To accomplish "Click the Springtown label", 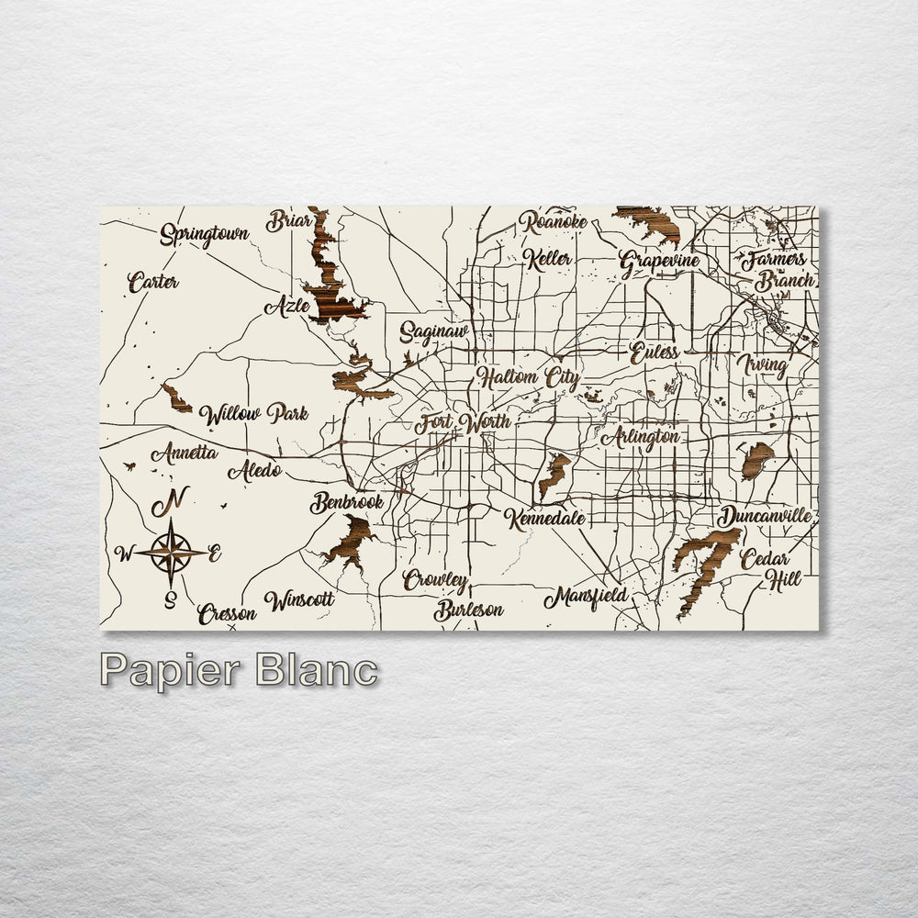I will [x=204, y=235].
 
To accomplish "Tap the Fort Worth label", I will [x=462, y=424].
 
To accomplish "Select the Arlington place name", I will [x=640, y=438].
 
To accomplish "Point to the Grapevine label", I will [x=659, y=262].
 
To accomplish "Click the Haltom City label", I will [x=528, y=377].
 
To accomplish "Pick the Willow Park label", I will [x=253, y=414].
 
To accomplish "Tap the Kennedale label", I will [x=544, y=519].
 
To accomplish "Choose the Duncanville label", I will [x=765, y=516].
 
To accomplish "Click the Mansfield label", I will [x=586, y=598].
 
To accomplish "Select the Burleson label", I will [x=468, y=610].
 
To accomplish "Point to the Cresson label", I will [x=226, y=613].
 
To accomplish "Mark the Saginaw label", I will [x=433, y=332].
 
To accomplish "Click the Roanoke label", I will [x=553, y=222].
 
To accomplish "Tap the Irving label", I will [x=762, y=365].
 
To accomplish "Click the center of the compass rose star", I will [x=171, y=552].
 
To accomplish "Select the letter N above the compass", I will [x=170, y=502].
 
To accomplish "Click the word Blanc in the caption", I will [x=317, y=670].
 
